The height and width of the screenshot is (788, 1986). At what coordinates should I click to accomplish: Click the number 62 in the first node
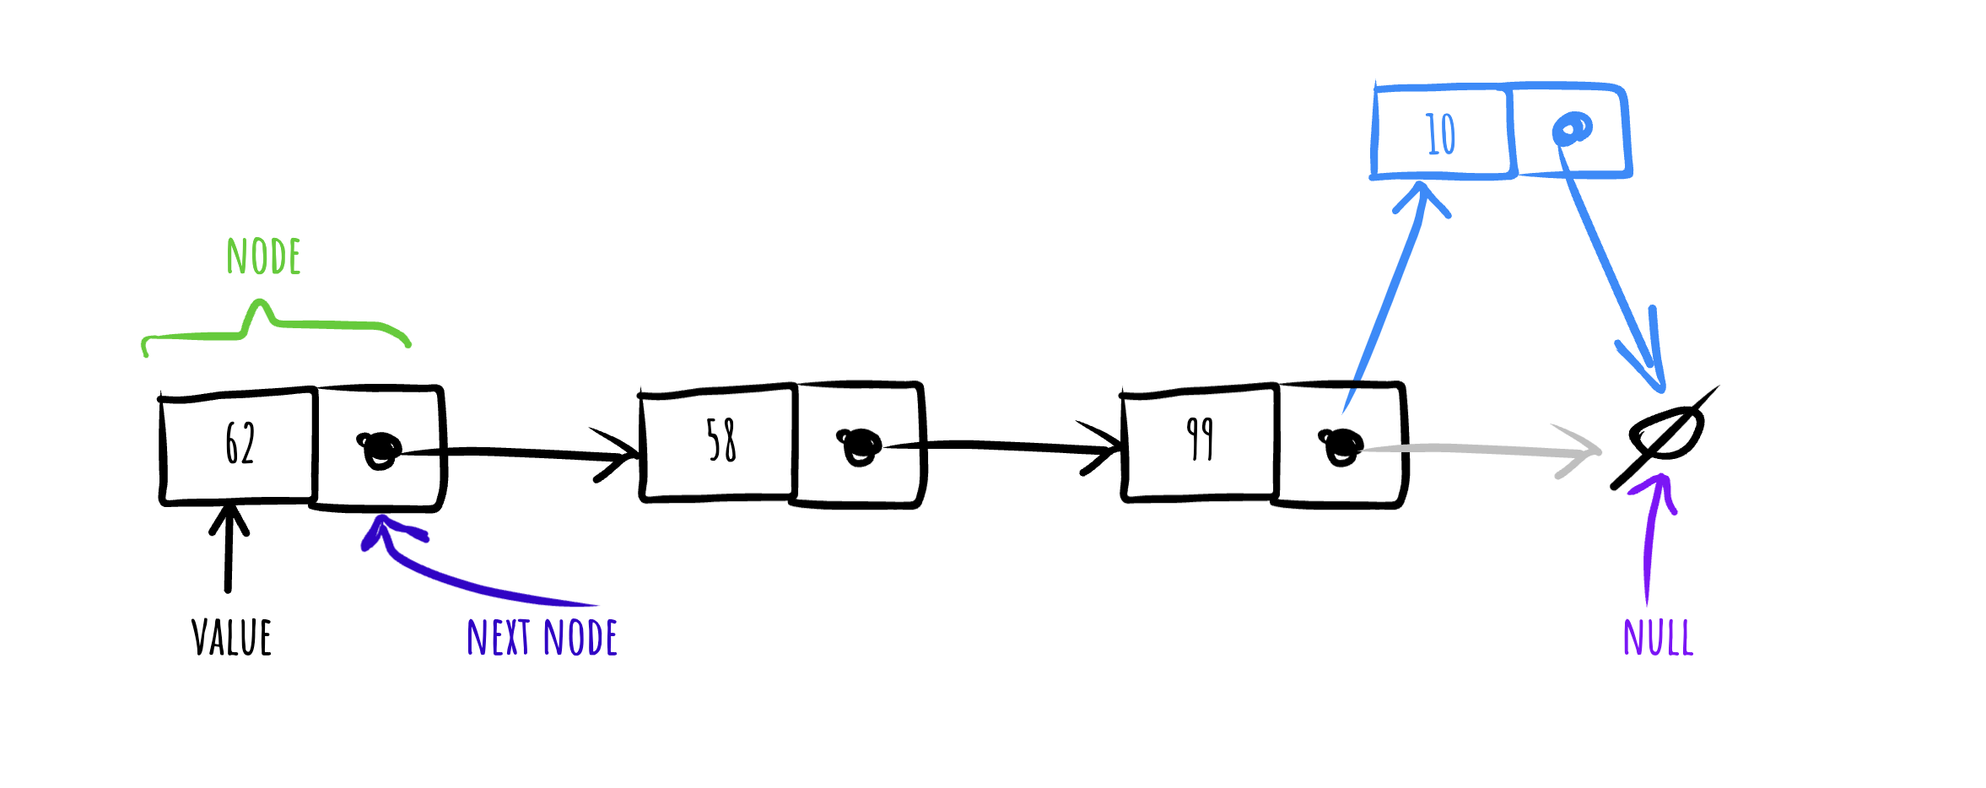click(x=240, y=443)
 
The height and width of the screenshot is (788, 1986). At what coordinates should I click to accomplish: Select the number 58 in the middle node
click(x=721, y=440)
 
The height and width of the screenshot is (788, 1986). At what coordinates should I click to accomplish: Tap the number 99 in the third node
click(x=1200, y=439)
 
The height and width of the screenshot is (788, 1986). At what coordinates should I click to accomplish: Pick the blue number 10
click(x=1441, y=134)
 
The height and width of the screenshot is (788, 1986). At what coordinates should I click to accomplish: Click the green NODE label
click(x=263, y=256)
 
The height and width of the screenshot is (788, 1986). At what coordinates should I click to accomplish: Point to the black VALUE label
click(x=231, y=637)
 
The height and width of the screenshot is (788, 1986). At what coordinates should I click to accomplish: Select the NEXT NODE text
click(x=542, y=637)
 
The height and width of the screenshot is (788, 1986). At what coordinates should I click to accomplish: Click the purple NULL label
click(x=1658, y=637)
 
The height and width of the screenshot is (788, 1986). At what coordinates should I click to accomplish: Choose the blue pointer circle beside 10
click(x=1572, y=129)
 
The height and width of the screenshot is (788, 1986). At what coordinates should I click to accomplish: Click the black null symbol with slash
click(x=1665, y=437)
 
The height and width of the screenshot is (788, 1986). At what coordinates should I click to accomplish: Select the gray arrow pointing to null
click(x=1481, y=450)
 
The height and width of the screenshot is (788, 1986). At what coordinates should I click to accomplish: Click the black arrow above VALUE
click(x=228, y=547)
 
